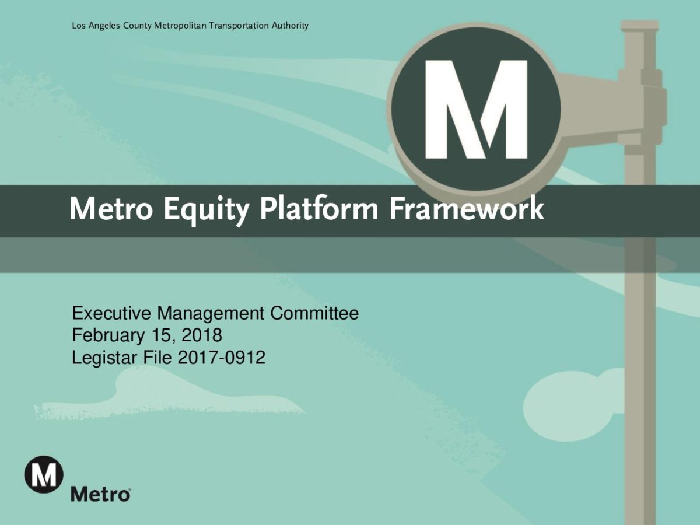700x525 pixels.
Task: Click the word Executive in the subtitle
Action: [111, 313]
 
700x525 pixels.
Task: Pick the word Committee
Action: [314, 313]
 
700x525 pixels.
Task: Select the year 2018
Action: [202, 335]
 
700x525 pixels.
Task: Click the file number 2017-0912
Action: [222, 358]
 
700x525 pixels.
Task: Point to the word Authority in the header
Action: [290, 26]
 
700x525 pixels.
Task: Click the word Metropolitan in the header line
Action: [180, 26]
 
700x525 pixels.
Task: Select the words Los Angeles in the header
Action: [96, 26]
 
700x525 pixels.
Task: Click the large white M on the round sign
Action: [476, 109]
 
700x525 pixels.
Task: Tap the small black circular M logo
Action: [44, 474]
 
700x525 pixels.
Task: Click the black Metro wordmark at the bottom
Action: [100, 495]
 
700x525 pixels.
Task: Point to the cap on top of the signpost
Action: [639, 26]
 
